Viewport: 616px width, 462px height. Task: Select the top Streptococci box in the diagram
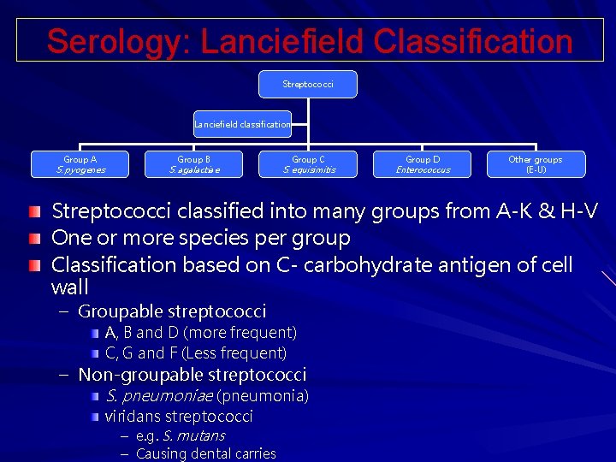click(308, 85)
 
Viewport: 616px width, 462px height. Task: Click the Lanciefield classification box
click(242, 124)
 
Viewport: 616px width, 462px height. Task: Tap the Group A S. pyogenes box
click(80, 164)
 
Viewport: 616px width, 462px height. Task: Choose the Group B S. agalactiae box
click(194, 164)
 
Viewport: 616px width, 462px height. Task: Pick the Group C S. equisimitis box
click(308, 164)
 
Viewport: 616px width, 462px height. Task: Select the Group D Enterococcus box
click(423, 164)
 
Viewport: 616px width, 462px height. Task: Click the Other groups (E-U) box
click(536, 164)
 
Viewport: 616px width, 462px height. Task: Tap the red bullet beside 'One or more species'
click(33, 237)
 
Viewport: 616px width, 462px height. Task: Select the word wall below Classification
click(70, 287)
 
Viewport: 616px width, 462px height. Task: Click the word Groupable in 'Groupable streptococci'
click(119, 311)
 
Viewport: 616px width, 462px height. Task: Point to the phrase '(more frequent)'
click(240, 333)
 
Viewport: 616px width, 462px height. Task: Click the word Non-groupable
click(135, 375)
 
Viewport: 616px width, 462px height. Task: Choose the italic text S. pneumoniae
click(158, 396)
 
